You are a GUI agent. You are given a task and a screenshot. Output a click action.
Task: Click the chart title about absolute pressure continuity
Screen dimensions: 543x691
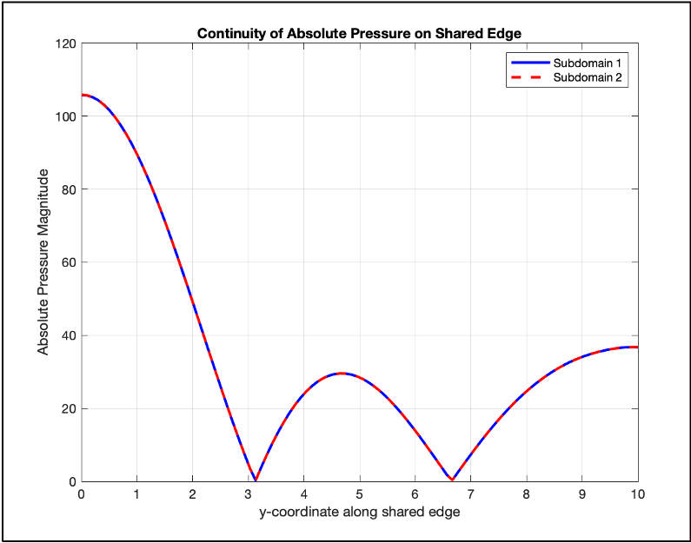point(359,34)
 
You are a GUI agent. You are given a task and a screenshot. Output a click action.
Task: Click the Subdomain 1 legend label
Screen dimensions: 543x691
point(590,63)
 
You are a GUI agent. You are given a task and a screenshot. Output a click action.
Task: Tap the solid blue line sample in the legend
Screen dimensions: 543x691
point(528,63)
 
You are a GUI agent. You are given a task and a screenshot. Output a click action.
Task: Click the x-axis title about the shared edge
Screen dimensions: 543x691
point(359,512)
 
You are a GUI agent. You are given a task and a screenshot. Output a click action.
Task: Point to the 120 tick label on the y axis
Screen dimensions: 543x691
point(65,43)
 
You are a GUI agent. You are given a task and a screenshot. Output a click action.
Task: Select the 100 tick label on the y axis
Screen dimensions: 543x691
point(65,116)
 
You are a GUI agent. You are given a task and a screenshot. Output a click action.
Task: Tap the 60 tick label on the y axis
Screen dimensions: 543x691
point(69,262)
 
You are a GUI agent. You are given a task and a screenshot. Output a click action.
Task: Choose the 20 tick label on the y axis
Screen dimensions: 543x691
point(69,408)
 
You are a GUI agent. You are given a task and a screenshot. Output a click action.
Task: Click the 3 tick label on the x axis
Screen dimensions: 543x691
point(248,494)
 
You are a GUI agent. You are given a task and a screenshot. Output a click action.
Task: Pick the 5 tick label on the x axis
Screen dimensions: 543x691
point(359,494)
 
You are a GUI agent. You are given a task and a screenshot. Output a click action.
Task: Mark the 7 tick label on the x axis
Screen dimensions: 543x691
point(470,494)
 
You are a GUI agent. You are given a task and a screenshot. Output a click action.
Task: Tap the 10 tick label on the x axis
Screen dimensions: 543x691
point(637,494)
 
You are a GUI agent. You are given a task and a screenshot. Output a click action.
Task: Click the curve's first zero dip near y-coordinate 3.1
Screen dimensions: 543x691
point(255,480)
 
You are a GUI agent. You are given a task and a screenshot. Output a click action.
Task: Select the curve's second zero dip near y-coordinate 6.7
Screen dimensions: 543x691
point(453,480)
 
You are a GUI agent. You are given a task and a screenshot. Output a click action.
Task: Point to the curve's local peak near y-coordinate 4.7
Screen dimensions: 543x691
point(342,374)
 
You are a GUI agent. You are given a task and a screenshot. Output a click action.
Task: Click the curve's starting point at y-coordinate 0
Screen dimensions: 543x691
point(82,95)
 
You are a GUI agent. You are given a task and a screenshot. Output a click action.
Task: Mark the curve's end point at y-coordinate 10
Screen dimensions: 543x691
point(637,347)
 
